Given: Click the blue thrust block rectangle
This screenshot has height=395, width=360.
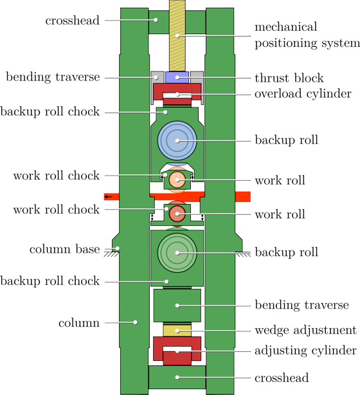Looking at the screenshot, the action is pyautogui.click(x=177, y=77).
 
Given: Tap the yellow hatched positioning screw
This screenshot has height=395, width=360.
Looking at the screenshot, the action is pyautogui.click(x=177, y=36).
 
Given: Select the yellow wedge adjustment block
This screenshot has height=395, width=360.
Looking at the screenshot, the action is pyautogui.click(x=177, y=331).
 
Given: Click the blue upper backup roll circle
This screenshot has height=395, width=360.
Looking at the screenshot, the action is pyautogui.click(x=177, y=141).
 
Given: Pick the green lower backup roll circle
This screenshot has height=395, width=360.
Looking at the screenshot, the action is pyautogui.click(x=177, y=253).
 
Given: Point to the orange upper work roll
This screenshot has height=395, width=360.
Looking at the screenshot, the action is pyautogui.click(x=177, y=180).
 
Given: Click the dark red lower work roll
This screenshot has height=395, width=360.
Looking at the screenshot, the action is pyautogui.click(x=177, y=214).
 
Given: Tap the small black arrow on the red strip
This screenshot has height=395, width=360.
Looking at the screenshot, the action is pyautogui.click(x=109, y=196).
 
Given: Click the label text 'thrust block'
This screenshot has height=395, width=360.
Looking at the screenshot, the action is pyautogui.click(x=289, y=78).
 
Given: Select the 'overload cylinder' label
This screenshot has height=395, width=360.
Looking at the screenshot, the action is pyautogui.click(x=303, y=94).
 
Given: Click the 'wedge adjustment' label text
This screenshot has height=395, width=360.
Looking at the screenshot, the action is pyautogui.click(x=305, y=330).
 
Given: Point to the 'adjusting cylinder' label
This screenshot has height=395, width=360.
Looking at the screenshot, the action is pyautogui.click(x=305, y=351).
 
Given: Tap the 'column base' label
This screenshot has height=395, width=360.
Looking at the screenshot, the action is pyautogui.click(x=65, y=249).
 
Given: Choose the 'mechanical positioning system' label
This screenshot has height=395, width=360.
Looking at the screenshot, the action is pyautogui.click(x=307, y=35).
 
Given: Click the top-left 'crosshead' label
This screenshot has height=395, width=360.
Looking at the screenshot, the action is pyautogui.click(x=73, y=21).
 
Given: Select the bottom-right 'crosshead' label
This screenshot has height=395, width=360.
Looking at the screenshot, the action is pyautogui.click(x=282, y=378).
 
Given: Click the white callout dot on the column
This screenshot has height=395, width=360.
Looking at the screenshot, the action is pyautogui.click(x=136, y=322).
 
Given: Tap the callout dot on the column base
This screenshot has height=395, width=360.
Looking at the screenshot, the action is pyautogui.click(x=117, y=248).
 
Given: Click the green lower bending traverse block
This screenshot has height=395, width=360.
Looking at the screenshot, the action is pyautogui.click(x=177, y=306).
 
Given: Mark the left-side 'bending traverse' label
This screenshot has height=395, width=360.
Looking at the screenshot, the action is pyautogui.click(x=53, y=77).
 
